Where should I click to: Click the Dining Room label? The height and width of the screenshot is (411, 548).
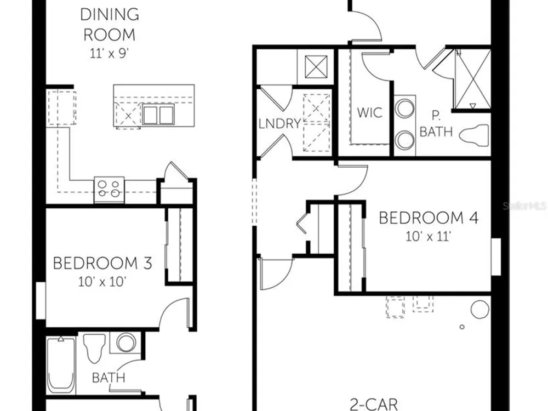tap(110, 25)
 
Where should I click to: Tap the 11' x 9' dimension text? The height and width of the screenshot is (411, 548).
tap(110, 54)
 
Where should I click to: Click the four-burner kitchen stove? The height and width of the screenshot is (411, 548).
tap(109, 190)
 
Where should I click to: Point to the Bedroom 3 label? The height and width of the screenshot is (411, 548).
tap(102, 263)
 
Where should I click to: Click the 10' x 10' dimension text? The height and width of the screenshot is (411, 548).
tap(102, 281)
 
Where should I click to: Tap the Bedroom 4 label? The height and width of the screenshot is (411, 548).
tap(429, 218)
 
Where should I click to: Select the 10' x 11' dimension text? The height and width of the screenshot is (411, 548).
tap(428, 237)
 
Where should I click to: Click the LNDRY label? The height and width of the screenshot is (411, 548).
tap(279, 123)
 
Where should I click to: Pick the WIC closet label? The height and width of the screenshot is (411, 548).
tap(369, 112)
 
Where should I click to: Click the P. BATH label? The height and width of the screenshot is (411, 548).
tap(436, 123)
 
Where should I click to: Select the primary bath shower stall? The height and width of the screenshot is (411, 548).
tap(472, 79)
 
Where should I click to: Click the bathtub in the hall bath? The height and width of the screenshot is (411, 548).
tap(61, 364)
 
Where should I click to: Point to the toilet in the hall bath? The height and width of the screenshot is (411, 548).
tap(94, 348)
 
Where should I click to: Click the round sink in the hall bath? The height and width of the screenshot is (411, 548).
tap(126, 342)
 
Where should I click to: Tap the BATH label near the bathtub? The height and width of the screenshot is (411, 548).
tap(109, 378)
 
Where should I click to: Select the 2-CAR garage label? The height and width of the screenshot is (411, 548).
tap(374, 404)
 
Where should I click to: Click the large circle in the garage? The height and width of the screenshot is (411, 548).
tap(480, 310)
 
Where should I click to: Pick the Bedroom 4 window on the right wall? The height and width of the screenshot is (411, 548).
tap(496, 257)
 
